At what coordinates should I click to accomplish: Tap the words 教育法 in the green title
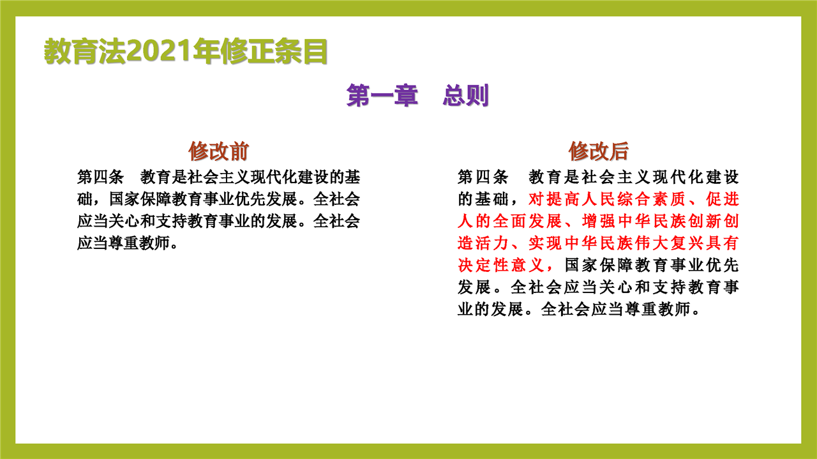click(x=85, y=51)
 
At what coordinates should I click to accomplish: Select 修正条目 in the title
click(x=274, y=51)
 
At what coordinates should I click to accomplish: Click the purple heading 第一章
click(x=382, y=96)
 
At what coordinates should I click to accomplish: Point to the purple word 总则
click(x=466, y=96)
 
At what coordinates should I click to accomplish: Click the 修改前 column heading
click(x=218, y=151)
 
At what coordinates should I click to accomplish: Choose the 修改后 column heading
click(x=599, y=151)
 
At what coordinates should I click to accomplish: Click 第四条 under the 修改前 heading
click(x=100, y=177)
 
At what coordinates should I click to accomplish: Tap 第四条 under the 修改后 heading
click(x=483, y=177)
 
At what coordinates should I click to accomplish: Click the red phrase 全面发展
click(x=527, y=221)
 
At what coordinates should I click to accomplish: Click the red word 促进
click(x=723, y=199)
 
